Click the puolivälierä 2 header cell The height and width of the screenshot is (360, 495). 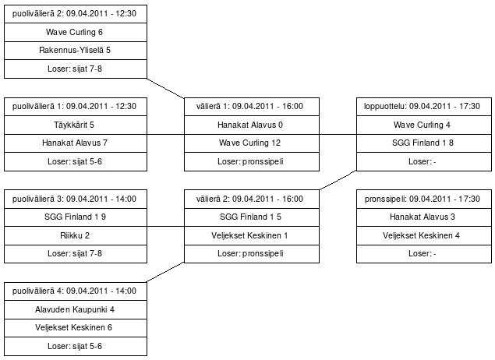(x=76, y=14)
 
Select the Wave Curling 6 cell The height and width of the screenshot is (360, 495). (x=76, y=32)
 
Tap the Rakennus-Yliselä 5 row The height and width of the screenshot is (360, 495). (x=76, y=51)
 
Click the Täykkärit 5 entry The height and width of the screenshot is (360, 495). (x=76, y=125)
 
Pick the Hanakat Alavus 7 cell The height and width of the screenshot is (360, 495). (x=76, y=143)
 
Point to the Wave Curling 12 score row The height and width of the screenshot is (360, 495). (x=252, y=143)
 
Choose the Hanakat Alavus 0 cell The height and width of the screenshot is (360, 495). (x=252, y=125)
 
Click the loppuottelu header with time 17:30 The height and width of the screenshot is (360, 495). (x=424, y=107)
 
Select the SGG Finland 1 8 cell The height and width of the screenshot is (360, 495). (x=424, y=143)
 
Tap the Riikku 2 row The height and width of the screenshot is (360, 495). (x=76, y=235)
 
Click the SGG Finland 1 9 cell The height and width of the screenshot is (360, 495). (x=76, y=217)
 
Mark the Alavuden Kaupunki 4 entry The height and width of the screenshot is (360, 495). (x=76, y=309)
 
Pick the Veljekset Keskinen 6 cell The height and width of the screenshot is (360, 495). (x=76, y=328)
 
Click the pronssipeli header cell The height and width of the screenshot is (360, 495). (x=424, y=199)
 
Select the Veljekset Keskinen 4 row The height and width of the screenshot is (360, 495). (x=424, y=235)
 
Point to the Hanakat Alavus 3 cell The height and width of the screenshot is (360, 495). (x=424, y=217)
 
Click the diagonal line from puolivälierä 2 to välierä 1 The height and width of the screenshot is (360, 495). (x=166, y=88)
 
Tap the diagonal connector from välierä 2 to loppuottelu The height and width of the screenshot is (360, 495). (x=338, y=180)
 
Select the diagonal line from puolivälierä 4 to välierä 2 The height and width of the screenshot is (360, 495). (x=166, y=272)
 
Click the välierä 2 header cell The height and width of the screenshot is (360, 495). (x=252, y=199)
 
